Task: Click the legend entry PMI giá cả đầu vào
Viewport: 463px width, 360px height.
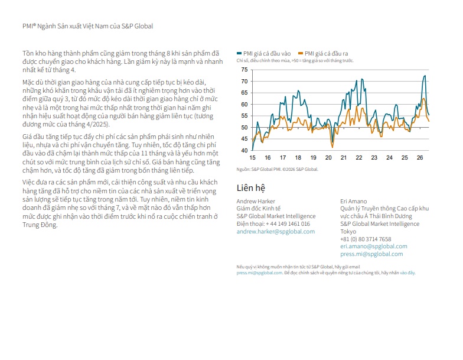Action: [x=263, y=53]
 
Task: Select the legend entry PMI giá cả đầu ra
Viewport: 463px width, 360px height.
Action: [x=323, y=53]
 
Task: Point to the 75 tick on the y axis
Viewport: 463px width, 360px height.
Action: [x=244, y=70]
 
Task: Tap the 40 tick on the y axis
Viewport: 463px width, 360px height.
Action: [x=244, y=150]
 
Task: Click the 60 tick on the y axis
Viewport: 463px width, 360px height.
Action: [x=244, y=104]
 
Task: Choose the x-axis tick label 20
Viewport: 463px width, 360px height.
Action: [x=328, y=158]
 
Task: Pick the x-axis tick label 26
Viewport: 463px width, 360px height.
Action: [x=419, y=158]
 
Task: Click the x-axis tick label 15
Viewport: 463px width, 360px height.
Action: [x=253, y=158]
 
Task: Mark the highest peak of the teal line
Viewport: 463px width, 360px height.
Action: [x=425, y=76]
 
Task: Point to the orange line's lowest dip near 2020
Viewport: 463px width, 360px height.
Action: [x=332, y=147]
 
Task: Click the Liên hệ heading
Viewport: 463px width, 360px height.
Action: [x=250, y=188]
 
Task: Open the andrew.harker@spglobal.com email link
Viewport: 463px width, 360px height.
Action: [x=275, y=232]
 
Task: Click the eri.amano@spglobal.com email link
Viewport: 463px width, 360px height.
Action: [x=373, y=246]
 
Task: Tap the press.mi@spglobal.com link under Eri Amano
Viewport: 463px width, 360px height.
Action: [x=371, y=254]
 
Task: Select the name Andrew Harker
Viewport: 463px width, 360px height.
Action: [x=256, y=201]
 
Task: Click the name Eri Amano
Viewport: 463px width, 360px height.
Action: [x=353, y=201]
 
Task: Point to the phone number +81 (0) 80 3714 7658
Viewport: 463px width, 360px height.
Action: [x=366, y=239]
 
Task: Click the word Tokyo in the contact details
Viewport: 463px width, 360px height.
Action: [x=348, y=232]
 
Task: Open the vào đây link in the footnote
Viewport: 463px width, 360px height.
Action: [x=407, y=273]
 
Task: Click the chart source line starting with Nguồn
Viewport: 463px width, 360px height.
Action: [x=278, y=169]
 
